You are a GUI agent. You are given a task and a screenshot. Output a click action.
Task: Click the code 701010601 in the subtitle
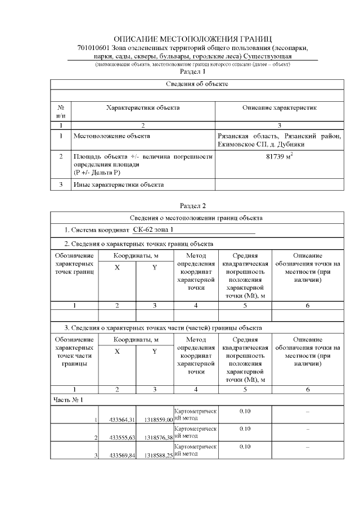94,48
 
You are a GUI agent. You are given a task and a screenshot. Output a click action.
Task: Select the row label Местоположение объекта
111,136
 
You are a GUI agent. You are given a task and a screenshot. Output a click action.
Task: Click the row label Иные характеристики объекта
119,184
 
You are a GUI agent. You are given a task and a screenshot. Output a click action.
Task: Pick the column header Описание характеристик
280,107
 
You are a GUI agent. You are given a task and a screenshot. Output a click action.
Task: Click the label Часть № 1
68,399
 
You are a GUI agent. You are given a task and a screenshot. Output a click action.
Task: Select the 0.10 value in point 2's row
245,429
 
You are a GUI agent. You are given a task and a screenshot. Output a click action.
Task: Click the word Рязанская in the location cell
233,136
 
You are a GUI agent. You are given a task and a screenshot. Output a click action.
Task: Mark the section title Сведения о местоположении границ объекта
197,218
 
